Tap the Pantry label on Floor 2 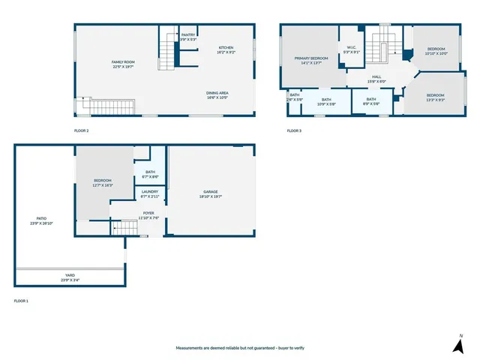point(187,34)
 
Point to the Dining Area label point(217,93)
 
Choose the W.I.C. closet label point(350,48)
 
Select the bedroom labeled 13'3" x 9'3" point(436,95)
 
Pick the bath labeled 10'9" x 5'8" point(326,99)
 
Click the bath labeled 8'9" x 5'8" point(371,99)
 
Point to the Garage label point(211,192)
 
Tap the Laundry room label point(150,192)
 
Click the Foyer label point(149,214)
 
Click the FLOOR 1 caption point(21,301)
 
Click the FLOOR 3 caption point(294,131)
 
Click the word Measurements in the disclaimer point(190,348)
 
